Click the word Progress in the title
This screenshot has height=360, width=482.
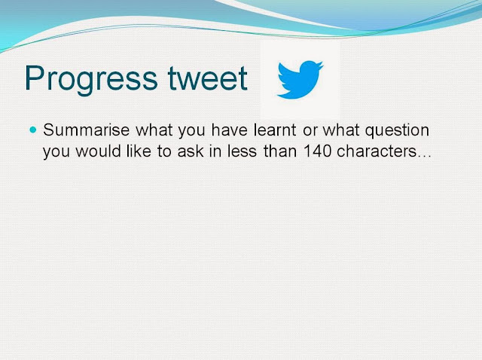click(91, 79)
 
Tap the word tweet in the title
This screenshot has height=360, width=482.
click(208, 78)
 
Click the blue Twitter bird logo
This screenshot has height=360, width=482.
click(300, 80)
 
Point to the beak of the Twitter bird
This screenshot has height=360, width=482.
click(321, 65)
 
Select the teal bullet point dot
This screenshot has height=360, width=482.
click(33, 130)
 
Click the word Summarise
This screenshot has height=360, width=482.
click(86, 130)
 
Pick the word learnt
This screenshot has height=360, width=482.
click(275, 130)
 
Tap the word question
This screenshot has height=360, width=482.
click(397, 131)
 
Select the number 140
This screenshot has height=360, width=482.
click(317, 151)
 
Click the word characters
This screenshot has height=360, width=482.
click(377, 151)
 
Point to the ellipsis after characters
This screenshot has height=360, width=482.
click(425, 156)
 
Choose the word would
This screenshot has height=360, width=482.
click(99, 151)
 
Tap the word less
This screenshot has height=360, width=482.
click(242, 151)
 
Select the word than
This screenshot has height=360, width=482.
click(280, 151)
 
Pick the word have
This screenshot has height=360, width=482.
click(229, 130)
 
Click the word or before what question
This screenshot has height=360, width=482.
click(310, 132)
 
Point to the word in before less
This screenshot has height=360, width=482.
click(215, 151)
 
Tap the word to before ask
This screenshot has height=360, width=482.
click(164, 152)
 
